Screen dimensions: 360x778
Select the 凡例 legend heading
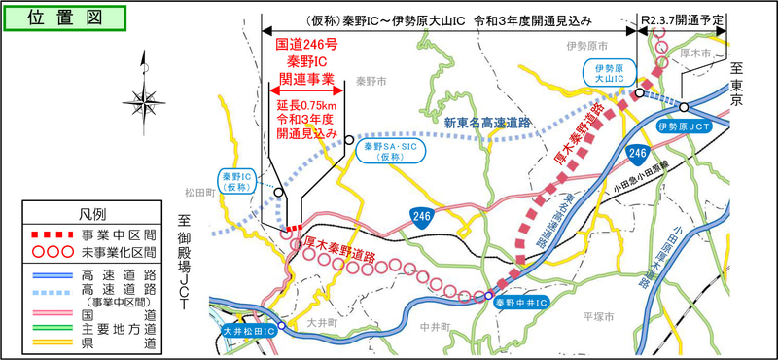coord(92,213)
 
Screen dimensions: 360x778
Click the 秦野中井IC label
coord(521,304)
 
